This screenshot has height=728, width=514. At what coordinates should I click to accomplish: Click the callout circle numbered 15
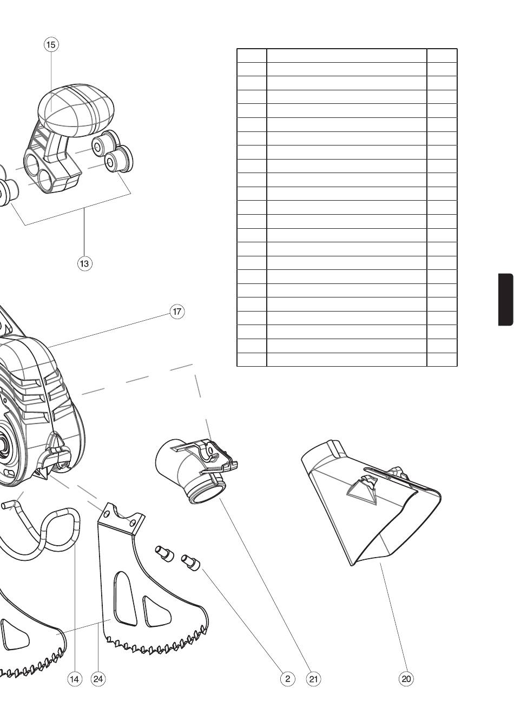click(51, 44)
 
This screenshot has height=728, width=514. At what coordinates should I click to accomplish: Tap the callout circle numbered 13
click(84, 263)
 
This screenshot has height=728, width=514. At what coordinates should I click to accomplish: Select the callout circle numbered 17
click(177, 312)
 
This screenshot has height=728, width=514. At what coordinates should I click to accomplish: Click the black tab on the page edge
click(506, 299)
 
